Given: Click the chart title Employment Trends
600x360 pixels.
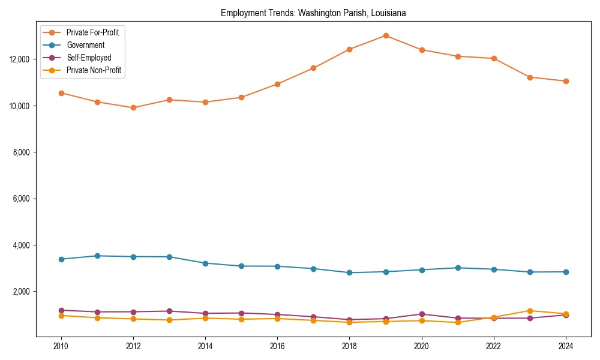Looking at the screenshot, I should [313, 13].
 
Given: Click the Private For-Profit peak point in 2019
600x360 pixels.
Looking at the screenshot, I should [385, 35].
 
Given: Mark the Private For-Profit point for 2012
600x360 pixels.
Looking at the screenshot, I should [133, 108].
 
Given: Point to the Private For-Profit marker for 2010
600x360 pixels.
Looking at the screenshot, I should [61, 93].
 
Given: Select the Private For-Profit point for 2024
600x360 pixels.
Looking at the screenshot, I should [565, 81].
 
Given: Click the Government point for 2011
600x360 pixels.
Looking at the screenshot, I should [97, 256].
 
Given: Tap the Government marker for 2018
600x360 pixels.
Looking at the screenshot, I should [349, 272].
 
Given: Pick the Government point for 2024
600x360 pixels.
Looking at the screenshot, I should [565, 272].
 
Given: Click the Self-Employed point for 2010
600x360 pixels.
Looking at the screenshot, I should [61, 310].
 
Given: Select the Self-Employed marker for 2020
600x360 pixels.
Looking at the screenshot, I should [421, 314].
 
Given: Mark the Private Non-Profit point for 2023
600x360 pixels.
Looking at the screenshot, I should [529, 311].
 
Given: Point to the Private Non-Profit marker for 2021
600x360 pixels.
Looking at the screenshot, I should [457, 322].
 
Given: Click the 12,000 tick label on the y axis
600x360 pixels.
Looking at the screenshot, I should [20, 59].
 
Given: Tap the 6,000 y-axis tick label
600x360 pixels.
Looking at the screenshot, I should [22, 199].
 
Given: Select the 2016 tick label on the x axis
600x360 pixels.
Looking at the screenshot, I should [277, 346].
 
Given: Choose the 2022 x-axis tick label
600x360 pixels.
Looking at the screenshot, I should [493, 346].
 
